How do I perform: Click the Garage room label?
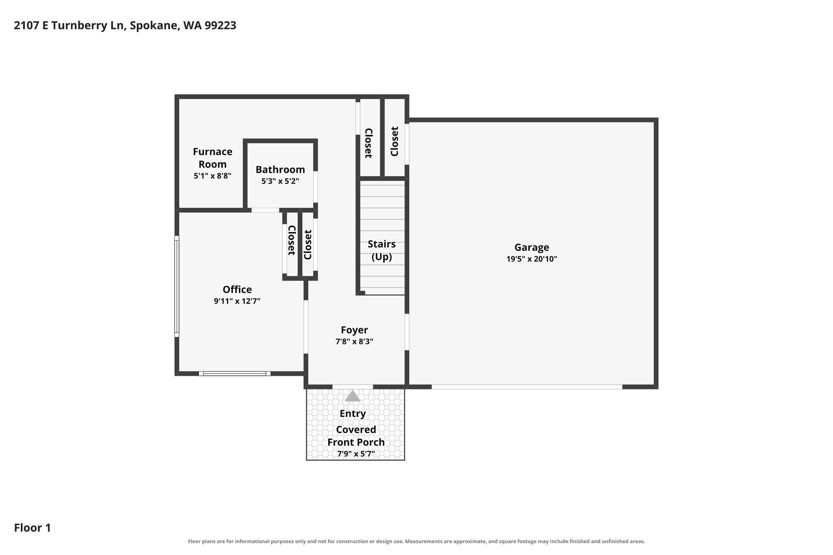pos(532,247)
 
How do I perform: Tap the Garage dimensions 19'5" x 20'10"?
pos(532,259)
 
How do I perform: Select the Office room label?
pos(237,289)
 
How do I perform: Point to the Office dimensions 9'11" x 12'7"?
pos(237,301)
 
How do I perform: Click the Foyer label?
pos(354,330)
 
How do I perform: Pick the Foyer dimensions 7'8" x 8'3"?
pos(354,342)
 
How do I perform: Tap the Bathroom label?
pos(280,170)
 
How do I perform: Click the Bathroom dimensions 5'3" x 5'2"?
pos(280,181)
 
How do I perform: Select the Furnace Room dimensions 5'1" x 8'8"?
pos(212,176)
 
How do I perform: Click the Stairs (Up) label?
pos(382,250)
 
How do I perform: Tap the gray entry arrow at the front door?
pos(353,396)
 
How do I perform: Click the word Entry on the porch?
pos(353,414)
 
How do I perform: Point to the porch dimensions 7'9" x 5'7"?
pos(356,454)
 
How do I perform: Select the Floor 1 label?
pos(33,528)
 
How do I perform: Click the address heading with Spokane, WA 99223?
pos(125,26)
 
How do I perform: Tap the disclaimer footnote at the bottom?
pos(416,541)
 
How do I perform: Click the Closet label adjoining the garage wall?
pos(394,141)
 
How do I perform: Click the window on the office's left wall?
pos(177,286)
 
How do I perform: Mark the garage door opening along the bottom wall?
pos(527,387)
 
